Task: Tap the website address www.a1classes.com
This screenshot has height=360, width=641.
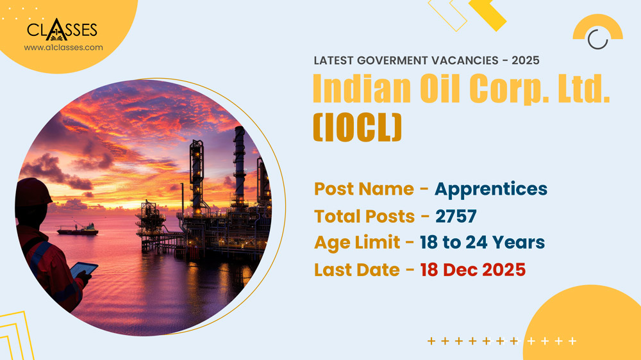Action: pos(63,47)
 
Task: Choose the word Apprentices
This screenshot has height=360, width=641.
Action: pos(491,189)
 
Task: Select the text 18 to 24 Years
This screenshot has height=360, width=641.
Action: pos(483,243)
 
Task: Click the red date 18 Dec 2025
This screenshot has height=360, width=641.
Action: pos(473,270)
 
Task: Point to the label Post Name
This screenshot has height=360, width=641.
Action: pos(363,189)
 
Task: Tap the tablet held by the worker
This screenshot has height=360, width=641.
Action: pos(84,270)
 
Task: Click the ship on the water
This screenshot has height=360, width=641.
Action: pos(78,229)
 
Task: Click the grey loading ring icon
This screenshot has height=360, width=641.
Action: pos(597,39)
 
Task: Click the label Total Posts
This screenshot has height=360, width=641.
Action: pos(364,217)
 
